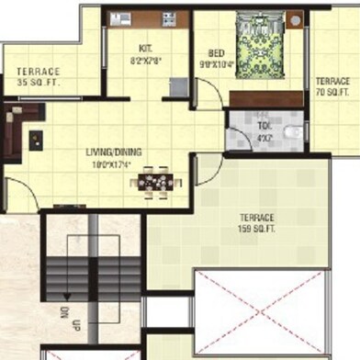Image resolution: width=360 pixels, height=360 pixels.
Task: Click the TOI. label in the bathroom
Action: click(264, 128)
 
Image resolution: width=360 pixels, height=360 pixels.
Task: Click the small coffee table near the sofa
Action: click(36, 140)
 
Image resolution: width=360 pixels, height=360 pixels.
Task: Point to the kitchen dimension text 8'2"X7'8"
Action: click(145, 62)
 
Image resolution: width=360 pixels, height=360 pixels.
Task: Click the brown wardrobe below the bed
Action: click(266, 98)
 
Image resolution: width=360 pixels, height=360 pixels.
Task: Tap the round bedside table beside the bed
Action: click(295, 18)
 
